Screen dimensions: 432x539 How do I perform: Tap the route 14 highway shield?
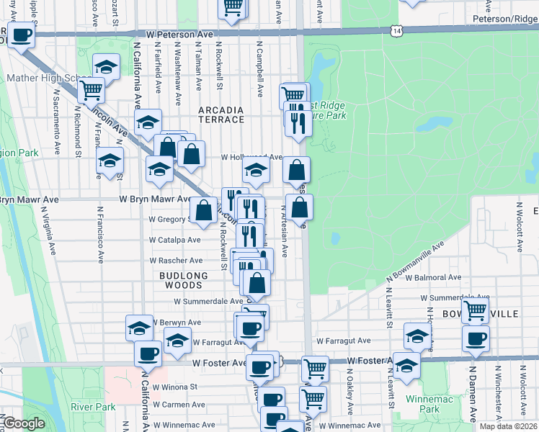pos(395,30)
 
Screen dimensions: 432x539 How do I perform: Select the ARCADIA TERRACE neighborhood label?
pos(222,114)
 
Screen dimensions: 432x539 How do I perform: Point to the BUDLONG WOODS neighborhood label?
pos(184,280)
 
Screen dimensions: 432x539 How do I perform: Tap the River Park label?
pos(93,407)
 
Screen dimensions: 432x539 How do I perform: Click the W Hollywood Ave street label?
pos(251,156)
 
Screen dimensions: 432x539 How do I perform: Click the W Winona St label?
pos(174,387)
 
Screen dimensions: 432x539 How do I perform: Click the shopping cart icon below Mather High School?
pos(92,90)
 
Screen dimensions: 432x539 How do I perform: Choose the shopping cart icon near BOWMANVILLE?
pos(475,310)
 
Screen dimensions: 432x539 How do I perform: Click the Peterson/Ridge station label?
pos(505,19)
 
